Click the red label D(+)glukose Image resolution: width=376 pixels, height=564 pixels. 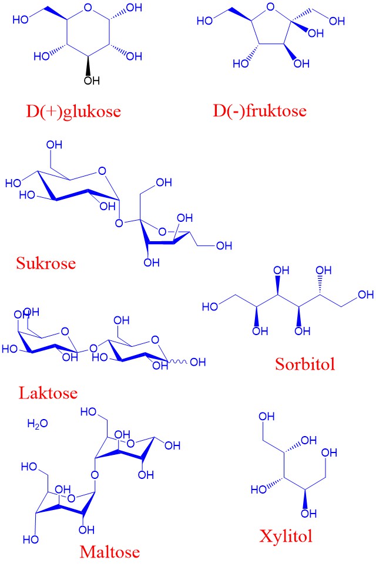click(x=73, y=112)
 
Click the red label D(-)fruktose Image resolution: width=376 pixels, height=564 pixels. click(x=260, y=111)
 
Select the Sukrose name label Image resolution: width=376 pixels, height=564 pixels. click(x=46, y=263)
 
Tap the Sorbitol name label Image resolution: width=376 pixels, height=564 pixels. click(x=305, y=364)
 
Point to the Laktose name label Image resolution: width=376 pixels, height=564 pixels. click(x=48, y=393)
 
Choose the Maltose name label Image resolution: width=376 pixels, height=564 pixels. click(x=109, y=552)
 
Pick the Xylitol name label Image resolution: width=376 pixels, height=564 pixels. click(x=286, y=536)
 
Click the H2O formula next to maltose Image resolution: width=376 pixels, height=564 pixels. click(x=38, y=423)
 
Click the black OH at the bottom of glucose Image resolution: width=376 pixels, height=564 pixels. click(x=92, y=80)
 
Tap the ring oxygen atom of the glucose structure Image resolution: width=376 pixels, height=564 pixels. click(x=88, y=8)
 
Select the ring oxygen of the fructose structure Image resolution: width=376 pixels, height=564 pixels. click(x=270, y=7)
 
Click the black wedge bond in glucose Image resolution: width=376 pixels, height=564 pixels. click(x=88, y=65)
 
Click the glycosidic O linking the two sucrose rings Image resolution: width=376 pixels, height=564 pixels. click(x=119, y=224)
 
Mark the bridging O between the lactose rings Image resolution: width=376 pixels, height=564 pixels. click(x=93, y=348)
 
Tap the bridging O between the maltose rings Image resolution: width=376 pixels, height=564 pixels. click(x=95, y=475)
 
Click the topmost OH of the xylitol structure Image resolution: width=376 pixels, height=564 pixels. click(x=266, y=417)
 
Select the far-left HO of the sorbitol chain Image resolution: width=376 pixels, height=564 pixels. click(x=210, y=306)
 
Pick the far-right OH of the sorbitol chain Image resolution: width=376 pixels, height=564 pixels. click(x=365, y=295)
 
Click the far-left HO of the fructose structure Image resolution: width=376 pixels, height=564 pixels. click(x=205, y=21)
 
